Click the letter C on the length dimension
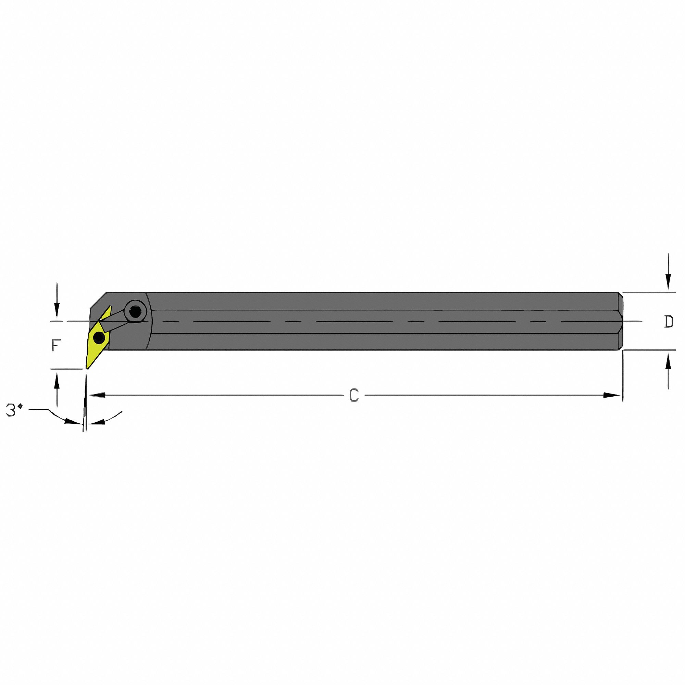pos(354,395)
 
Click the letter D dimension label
pos(668,322)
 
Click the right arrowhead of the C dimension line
pos(612,395)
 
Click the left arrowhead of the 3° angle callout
pos(73,422)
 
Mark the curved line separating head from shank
pos(150,321)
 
